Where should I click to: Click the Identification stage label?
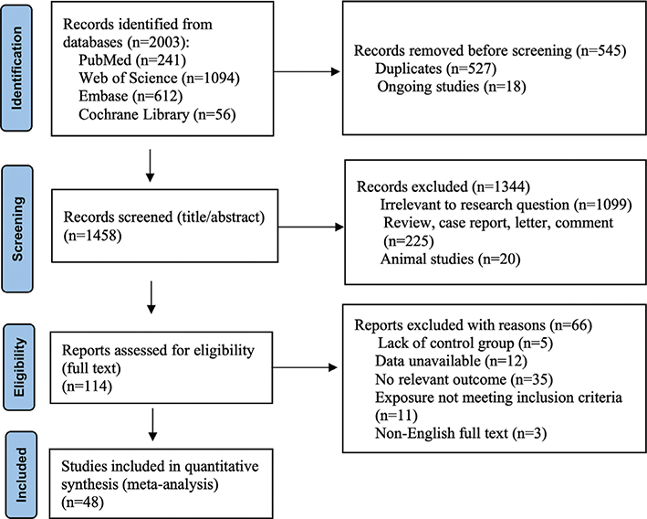tap(16, 69)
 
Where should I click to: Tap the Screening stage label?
tap(17, 229)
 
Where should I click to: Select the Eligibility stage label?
tap(19, 367)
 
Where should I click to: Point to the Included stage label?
tap(21, 475)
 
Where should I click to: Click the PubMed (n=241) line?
tap(132, 60)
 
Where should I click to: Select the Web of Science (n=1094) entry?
tap(159, 78)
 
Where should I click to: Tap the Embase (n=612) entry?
tap(130, 96)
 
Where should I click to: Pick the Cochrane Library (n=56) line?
tap(157, 114)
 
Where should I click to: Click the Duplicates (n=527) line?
tap(435, 69)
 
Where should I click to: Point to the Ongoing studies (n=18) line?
tap(452, 87)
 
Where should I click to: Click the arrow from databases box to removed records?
tap(307, 71)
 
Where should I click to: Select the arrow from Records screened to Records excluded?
tap(310, 227)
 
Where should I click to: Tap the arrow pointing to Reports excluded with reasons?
tap(305, 367)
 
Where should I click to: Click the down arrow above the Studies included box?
tap(152, 424)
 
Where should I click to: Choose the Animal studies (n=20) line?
tap(450, 259)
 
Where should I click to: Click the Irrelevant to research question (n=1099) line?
tap(506, 205)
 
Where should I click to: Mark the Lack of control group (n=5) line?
tap(465, 343)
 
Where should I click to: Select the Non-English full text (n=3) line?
tap(461, 433)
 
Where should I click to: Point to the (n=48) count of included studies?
tap(82, 503)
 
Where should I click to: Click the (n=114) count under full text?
tap(87, 387)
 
